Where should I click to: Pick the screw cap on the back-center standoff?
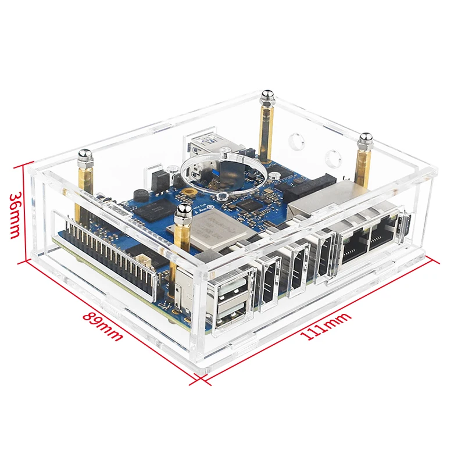coord(267,95)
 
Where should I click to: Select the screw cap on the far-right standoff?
coord(366,140)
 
